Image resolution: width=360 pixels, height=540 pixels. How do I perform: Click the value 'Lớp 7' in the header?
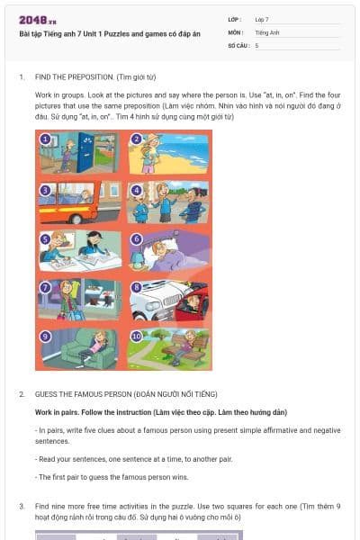point(262,19)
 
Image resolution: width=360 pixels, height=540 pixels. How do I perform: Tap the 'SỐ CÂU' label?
point(238,44)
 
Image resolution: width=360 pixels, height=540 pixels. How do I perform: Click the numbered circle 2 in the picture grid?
point(137,139)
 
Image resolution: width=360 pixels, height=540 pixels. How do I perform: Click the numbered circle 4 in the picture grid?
point(137,190)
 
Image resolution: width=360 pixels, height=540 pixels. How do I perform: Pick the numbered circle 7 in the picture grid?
point(44,288)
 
